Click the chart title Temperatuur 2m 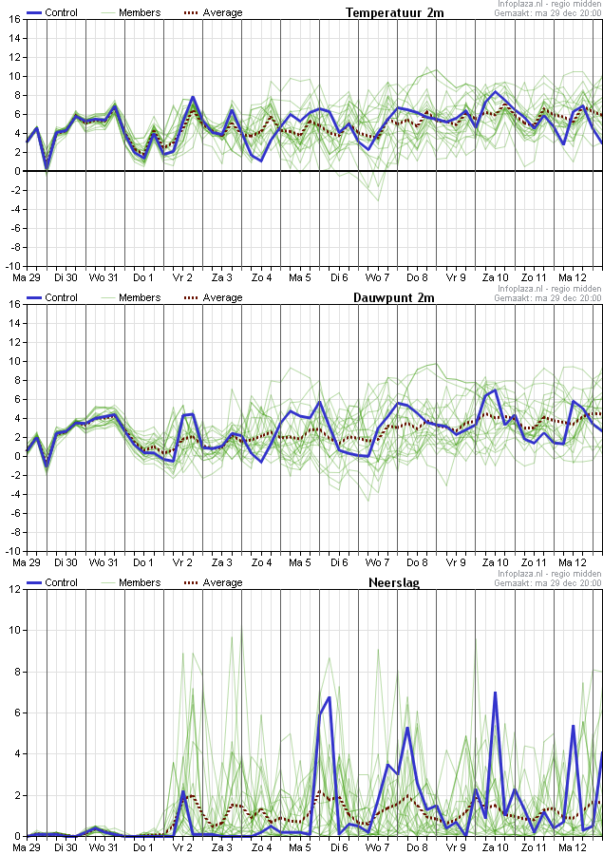(x=394, y=12)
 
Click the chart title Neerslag (x=394, y=582)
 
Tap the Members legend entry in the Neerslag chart (x=140, y=582)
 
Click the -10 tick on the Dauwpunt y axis (x=12, y=551)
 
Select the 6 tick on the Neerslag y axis (x=15, y=712)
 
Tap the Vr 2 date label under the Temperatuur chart (x=181, y=277)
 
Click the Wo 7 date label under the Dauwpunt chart (x=378, y=562)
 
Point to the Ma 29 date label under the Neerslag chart (x=26, y=847)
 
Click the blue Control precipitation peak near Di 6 (x=329, y=697)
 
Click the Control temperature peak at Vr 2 (x=193, y=97)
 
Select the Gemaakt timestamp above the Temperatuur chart (x=548, y=12)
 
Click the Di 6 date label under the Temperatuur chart (x=339, y=277)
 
